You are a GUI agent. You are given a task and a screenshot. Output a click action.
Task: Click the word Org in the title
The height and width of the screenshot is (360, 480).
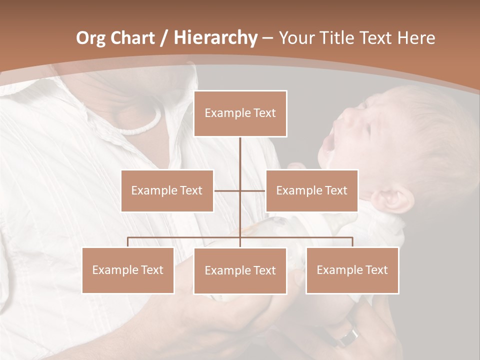pos(90,38)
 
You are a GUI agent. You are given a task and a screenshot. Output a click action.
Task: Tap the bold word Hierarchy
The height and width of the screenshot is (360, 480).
pos(215,38)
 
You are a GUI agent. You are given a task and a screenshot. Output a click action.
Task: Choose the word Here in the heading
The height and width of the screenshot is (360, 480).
pos(416,38)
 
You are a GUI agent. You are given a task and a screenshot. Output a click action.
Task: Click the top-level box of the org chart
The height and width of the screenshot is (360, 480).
pos(240,113)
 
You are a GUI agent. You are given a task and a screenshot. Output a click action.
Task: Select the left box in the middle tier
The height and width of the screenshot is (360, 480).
pos(167,190)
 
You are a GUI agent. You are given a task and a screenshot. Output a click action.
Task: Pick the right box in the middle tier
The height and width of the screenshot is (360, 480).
pos(311,190)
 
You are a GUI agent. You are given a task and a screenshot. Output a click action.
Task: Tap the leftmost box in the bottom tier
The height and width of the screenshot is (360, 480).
pos(128,270)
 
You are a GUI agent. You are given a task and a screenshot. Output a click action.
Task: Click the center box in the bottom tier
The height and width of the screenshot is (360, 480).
pos(240,270)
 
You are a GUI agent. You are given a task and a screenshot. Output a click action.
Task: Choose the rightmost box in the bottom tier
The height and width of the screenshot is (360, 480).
pos(352,270)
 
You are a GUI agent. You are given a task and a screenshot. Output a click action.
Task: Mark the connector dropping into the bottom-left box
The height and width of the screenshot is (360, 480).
pos(128,242)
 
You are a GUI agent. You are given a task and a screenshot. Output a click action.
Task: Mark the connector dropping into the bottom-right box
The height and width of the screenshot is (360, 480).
pos(352,242)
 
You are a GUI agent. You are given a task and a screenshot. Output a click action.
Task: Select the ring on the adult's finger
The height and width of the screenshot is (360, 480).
pos(348,337)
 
